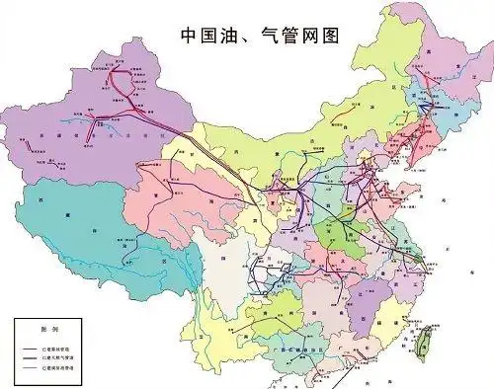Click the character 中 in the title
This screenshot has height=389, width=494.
tap(190, 36)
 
